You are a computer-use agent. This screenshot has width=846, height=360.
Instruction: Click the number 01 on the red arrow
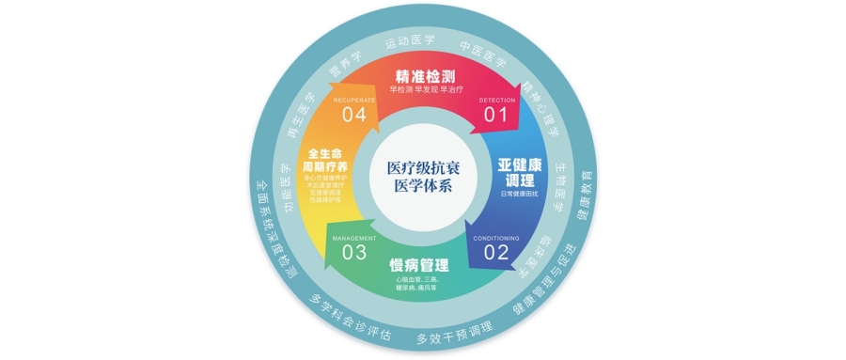click(495, 114)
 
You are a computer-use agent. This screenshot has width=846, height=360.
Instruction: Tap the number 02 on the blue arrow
click(495, 253)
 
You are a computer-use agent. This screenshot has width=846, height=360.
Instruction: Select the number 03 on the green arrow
click(353, 252)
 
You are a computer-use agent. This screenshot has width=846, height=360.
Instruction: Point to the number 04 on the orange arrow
click(353, 114)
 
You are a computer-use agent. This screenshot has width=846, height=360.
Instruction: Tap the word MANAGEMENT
click(354, 239)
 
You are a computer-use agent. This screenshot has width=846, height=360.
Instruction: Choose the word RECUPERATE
click(354, 99)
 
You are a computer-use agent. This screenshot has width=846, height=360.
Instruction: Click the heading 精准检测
click(425, 74)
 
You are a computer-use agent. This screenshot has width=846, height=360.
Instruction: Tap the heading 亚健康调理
click(520, 172)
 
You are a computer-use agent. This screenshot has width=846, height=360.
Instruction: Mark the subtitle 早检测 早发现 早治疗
click(425, 90)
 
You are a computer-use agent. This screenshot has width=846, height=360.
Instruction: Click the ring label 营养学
click(344, 59)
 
